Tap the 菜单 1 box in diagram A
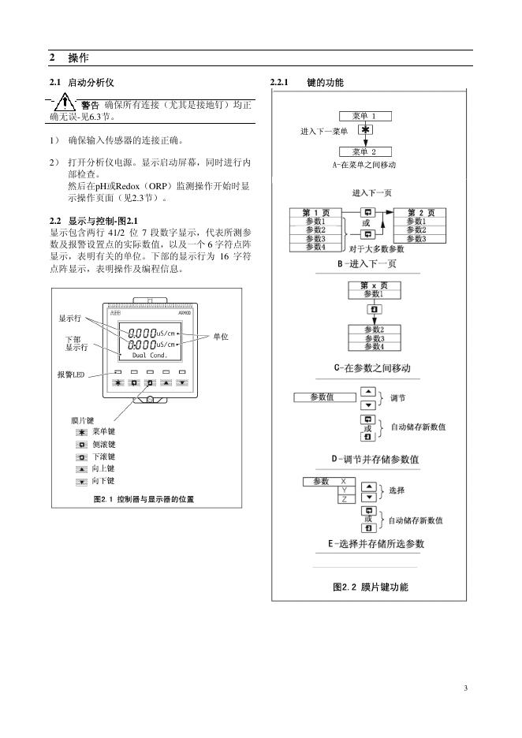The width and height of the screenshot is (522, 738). coord(364,115)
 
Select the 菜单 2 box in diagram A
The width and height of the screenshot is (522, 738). coord(364,151)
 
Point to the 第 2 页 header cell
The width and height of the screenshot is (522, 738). coord(419,212)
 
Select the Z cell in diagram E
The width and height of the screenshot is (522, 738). coord(344,499)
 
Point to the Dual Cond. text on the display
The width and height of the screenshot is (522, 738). coord(149,355)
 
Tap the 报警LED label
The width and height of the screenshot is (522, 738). coord(71,375)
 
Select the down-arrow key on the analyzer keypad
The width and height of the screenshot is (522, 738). coord(182,382)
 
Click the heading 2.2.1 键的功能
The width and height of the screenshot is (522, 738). coord(307,83)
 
